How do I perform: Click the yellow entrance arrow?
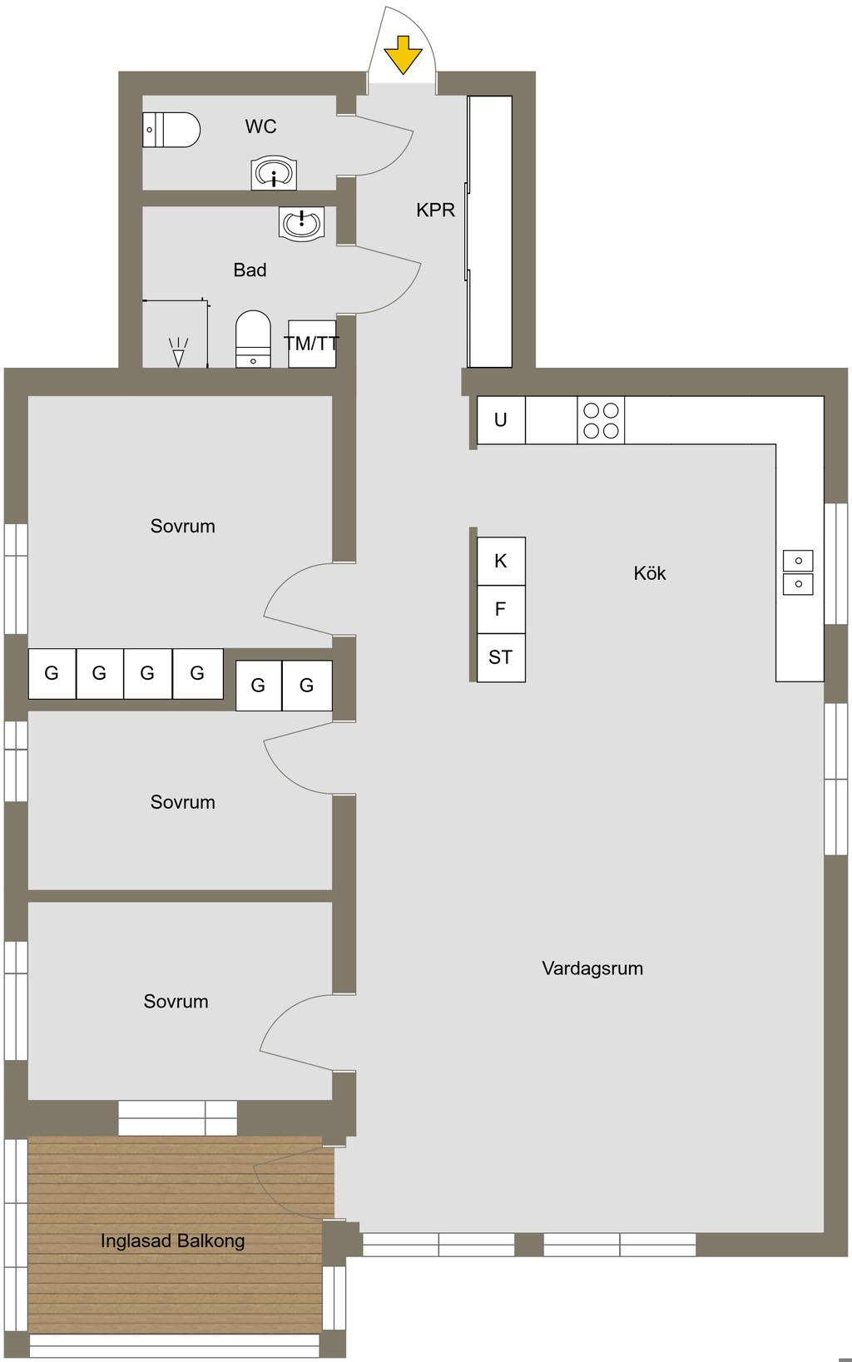click(403, 55)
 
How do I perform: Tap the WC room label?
click(261, 126)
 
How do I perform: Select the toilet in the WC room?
click(171, 130)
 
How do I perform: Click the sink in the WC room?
click(274, 173)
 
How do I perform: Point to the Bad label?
click(250, 270)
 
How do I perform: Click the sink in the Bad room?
click(301, 223)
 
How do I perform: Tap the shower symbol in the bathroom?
click(178, 352)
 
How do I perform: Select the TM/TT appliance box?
click(312, 344)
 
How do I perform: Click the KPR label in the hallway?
click(435, 210)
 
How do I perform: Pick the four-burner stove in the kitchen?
click(601, 420)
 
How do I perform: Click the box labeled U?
click(501, 420)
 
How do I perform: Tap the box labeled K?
click(501, 562)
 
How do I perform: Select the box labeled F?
click(501, 609)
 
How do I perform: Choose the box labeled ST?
click(501, 658)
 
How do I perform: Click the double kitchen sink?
click(798, 572)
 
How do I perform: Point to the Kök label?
click(650, 573)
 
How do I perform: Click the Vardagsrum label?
click(592, 968)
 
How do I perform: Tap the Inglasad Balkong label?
click(173, 1241)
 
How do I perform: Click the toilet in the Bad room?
click(253, 339)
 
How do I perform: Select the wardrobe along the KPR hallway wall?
click(489, 231)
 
